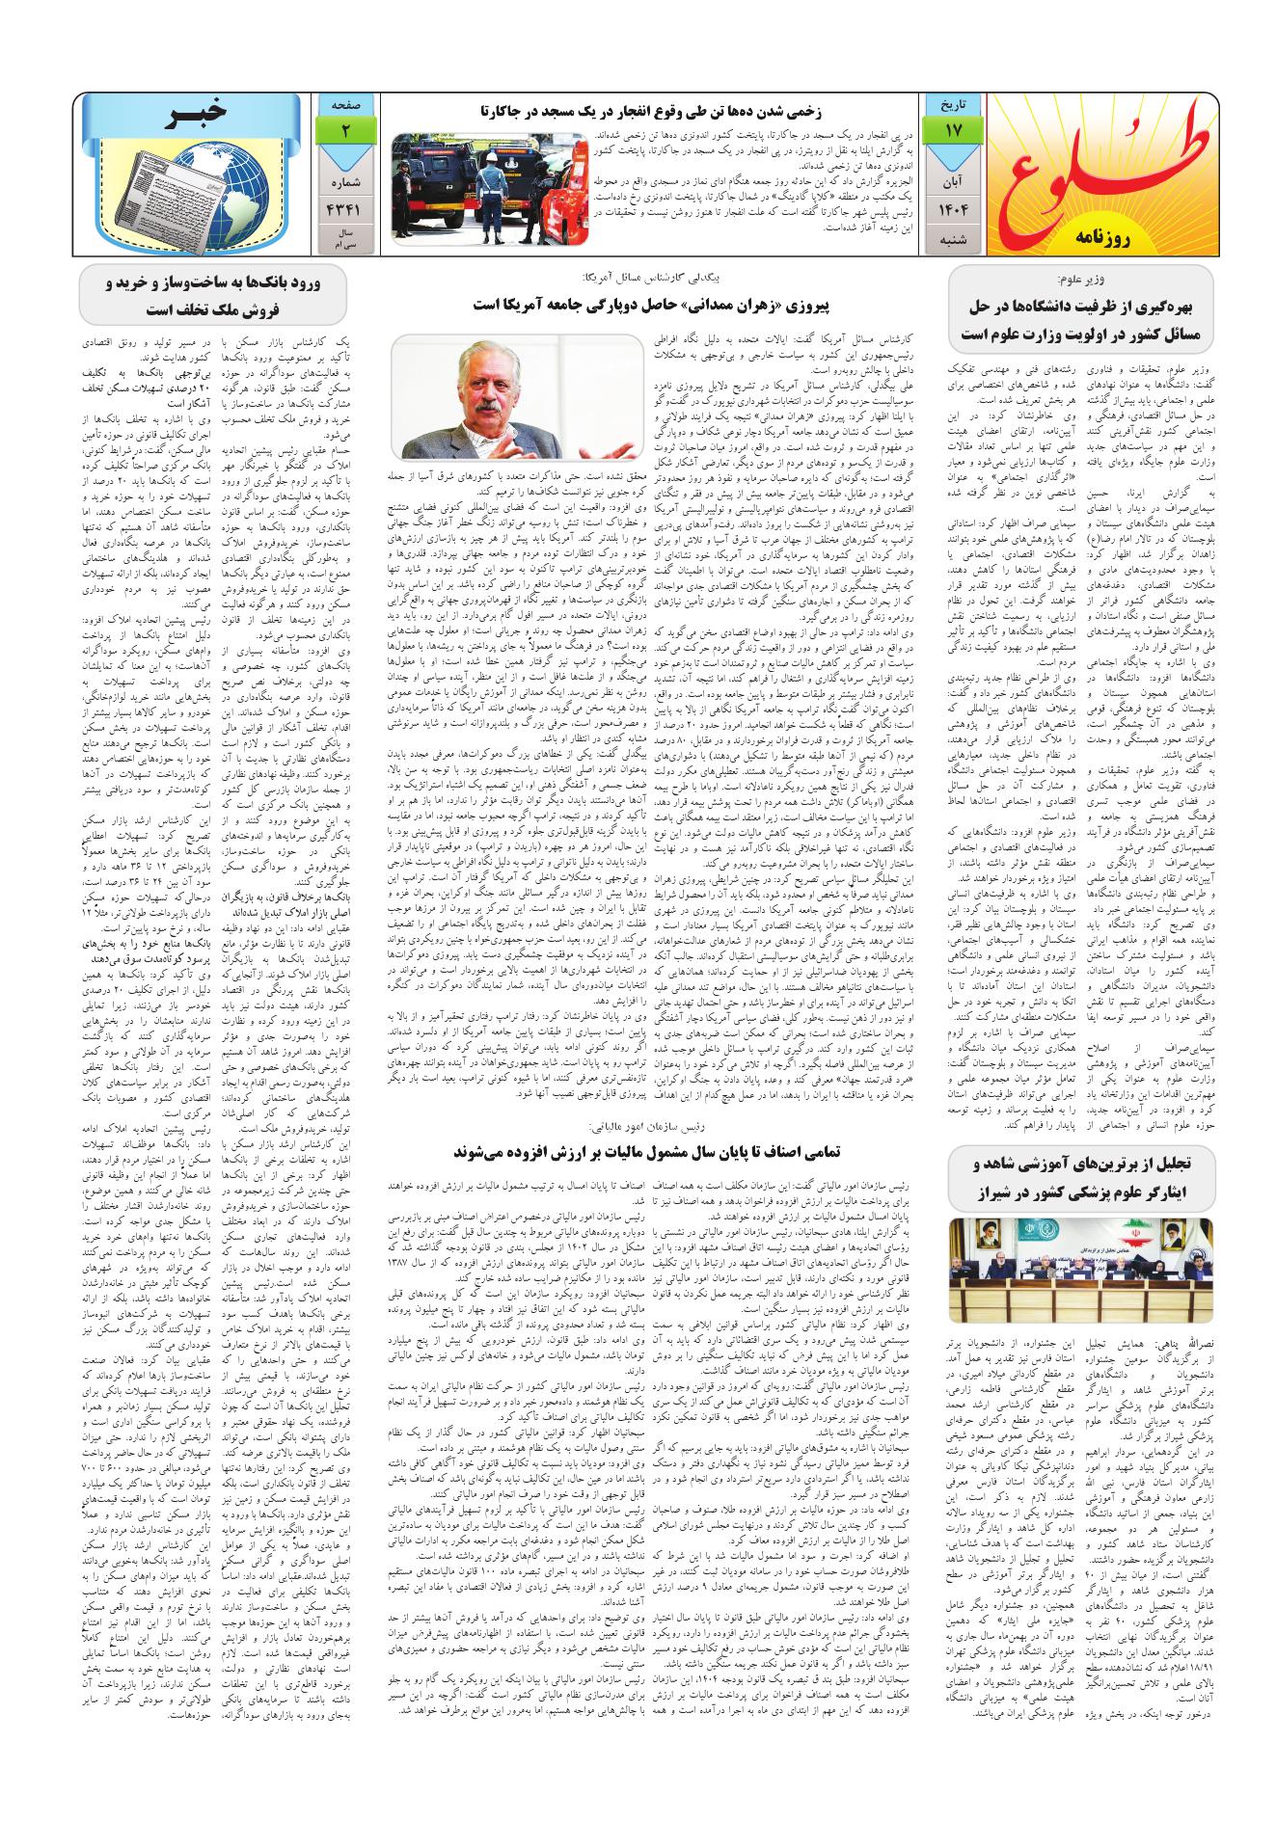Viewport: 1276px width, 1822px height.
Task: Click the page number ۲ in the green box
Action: coord(344,128)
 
